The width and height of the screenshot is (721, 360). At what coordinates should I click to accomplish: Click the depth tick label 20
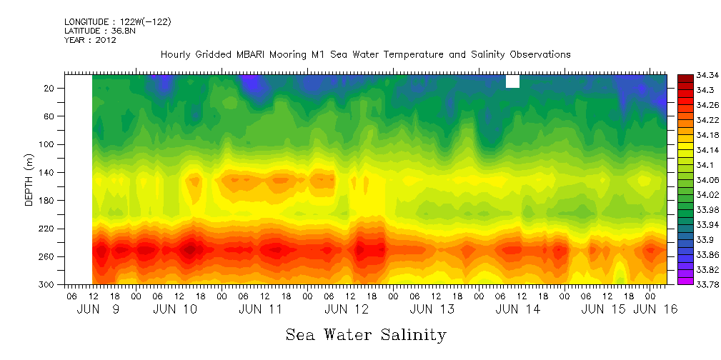tap(50, 89)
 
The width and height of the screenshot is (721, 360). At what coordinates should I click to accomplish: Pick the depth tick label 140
tap(48, 173)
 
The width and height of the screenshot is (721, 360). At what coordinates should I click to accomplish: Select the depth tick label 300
tap(48, 285)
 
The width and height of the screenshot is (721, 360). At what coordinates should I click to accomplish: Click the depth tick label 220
tap(48, 229)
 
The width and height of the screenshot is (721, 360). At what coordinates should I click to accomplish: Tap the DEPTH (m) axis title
tap(29, 181)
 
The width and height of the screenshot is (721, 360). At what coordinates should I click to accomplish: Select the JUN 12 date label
tap(347, 309)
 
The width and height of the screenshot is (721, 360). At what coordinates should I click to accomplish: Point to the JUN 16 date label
tap(657, 309)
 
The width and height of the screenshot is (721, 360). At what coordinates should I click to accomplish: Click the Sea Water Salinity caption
tap(366, 335)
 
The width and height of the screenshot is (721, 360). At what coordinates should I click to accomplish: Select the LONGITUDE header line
tap(117, 21)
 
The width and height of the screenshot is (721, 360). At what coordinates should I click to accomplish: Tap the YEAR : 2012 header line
tap(90, 40)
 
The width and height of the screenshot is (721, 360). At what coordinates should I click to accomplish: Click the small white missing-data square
tap(512, 81)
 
